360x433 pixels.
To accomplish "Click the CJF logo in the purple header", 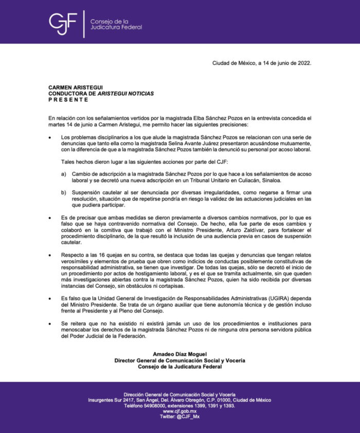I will click(62, 23).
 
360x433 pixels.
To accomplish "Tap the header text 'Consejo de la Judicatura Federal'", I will click(116, 24).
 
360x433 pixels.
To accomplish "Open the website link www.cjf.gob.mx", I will click(179, 411).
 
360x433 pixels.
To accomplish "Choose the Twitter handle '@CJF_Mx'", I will click(188, 417).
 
